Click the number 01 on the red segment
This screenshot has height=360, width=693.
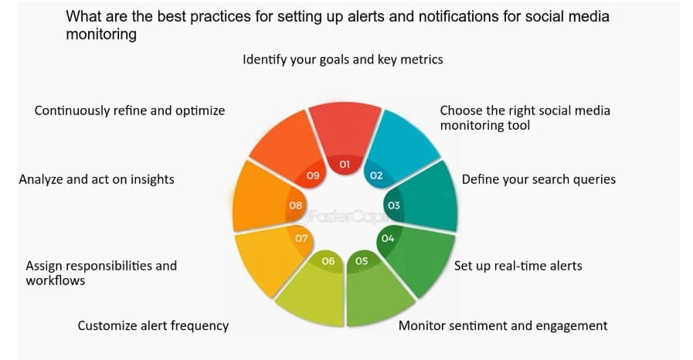[x=345, y=165]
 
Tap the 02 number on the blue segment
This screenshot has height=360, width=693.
[x=376, y=175]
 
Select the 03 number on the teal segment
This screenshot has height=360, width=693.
[x=394, y=205]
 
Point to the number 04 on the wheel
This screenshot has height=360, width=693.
[x=388, y=239]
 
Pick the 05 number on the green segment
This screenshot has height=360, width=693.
[x=362, y=261]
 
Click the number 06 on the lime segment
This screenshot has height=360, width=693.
[x=328, y=261]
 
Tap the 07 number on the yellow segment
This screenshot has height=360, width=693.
[x=301, y=239]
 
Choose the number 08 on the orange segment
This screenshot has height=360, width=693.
[x=295, y=205]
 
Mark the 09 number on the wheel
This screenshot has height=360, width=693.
[x=313, y=175]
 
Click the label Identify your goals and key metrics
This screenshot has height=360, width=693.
[x=342, y=59]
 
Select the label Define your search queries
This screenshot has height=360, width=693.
[x=538, y=179]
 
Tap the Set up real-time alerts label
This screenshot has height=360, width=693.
[x=518, y=266]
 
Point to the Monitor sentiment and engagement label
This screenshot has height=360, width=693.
[x=503, y=325]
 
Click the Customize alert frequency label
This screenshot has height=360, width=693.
[x=153, y=325]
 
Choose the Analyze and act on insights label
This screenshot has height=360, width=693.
[x=97, y=179]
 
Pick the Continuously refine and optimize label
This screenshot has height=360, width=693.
[x=130, y=110]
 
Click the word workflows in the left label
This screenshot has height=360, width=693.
[x=56, y=280]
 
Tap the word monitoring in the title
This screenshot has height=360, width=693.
[x=101, y=35]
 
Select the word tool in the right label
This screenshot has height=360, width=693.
[x=518, y=125]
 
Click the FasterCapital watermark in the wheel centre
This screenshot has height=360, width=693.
[x=345, y=216]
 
